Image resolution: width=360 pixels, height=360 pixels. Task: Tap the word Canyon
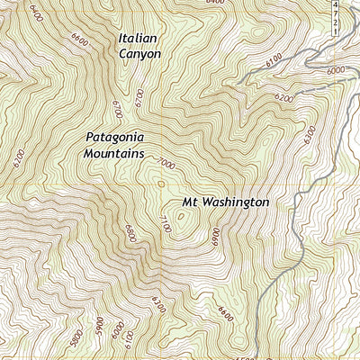tap(139, 54)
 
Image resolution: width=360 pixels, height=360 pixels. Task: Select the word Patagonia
tap(115, 139)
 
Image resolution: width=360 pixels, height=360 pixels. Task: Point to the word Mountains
tap(115, 155)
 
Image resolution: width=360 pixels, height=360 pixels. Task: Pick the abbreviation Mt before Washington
tap(192, 203)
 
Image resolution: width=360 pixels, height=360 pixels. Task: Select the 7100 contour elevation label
tap(164, 227)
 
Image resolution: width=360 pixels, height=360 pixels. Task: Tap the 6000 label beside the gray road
tap(336, 70)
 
